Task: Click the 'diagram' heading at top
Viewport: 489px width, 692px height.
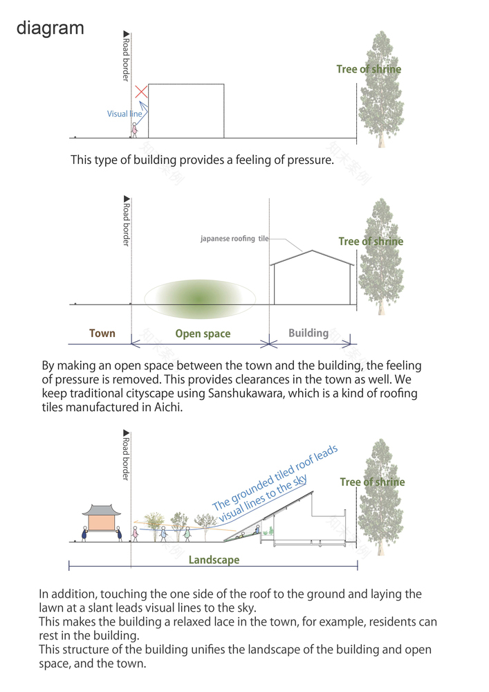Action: [50, 28]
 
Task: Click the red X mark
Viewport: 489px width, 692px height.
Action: [141, 91]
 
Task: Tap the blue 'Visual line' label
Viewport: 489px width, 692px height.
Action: [124, 113]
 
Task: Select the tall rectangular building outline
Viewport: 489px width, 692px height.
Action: [186, 111]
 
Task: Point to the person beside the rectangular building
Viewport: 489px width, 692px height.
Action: [135, 129]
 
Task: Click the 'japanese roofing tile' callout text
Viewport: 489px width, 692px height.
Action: [234, 239]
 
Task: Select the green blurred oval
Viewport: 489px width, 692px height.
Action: [199, 295]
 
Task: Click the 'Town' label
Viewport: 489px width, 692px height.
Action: [102, 334]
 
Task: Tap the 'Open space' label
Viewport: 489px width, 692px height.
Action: [203, 334]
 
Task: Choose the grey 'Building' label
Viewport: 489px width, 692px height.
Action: [308, 333]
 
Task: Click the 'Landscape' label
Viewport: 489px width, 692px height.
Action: [214, 560]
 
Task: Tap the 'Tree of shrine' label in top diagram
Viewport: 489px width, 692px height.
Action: [369, 69]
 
